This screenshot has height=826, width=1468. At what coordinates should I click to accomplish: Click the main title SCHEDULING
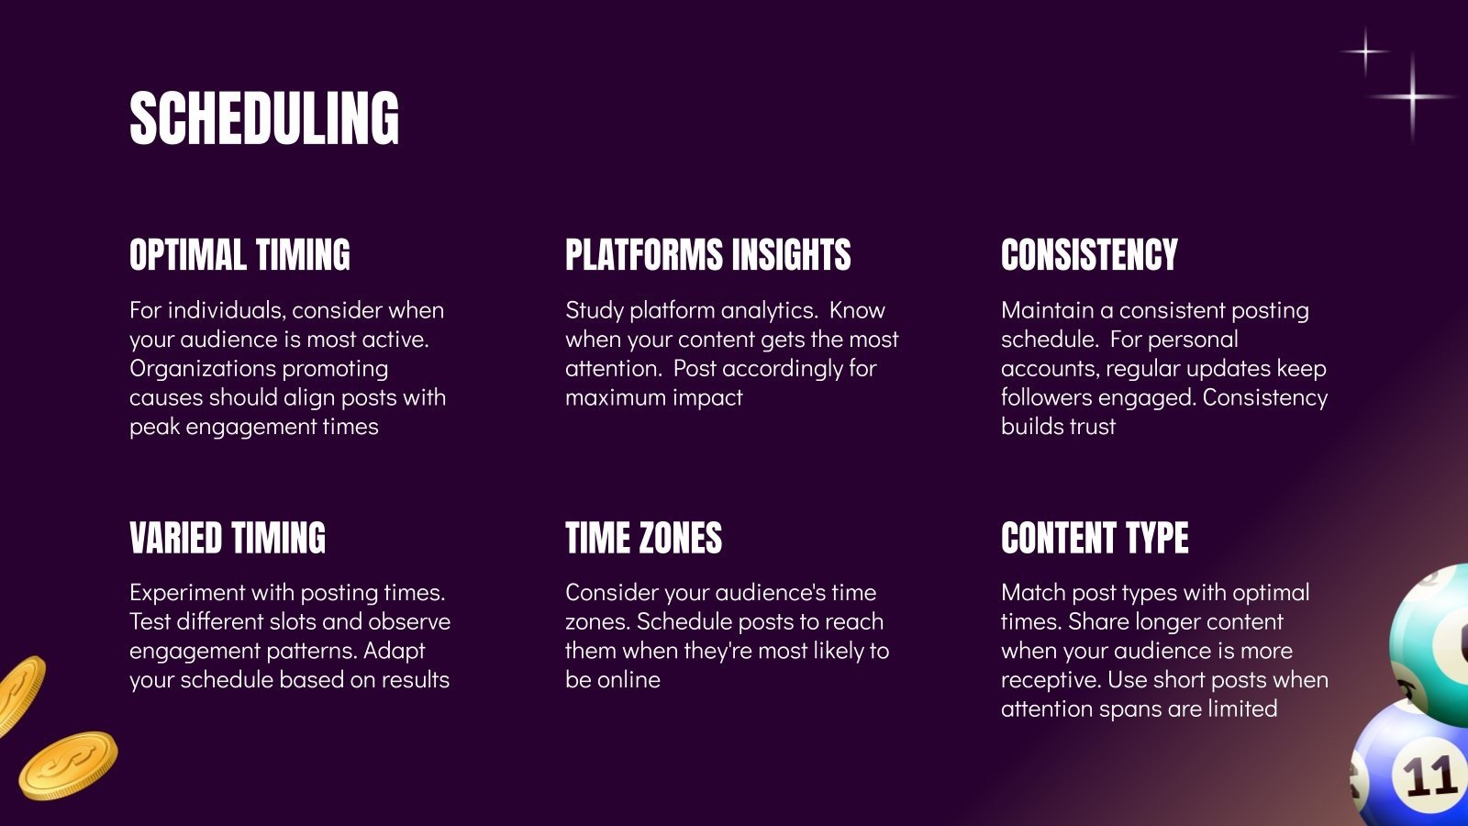coord(264,118)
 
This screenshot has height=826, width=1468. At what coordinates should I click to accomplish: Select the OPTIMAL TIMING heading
coord(239,255)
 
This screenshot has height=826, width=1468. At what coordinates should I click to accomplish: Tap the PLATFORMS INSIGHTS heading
coord(707,255)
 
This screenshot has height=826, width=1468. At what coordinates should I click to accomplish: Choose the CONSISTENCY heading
coord(1089,255)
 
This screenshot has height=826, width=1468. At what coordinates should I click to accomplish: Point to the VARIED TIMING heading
coord(228,538)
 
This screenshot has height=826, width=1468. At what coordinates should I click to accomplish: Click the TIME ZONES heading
coord(643,538)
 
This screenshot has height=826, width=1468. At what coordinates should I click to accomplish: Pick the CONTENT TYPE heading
coord(1095,538)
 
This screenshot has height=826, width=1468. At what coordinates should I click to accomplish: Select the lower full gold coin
coord(69,765)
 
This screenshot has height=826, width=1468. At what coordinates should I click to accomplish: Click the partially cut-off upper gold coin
coord(18,693)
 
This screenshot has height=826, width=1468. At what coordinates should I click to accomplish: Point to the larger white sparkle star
coord(1412,96)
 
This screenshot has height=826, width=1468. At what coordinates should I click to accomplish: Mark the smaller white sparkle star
coord(1365,50)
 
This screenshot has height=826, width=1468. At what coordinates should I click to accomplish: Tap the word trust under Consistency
coord(1092,427)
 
